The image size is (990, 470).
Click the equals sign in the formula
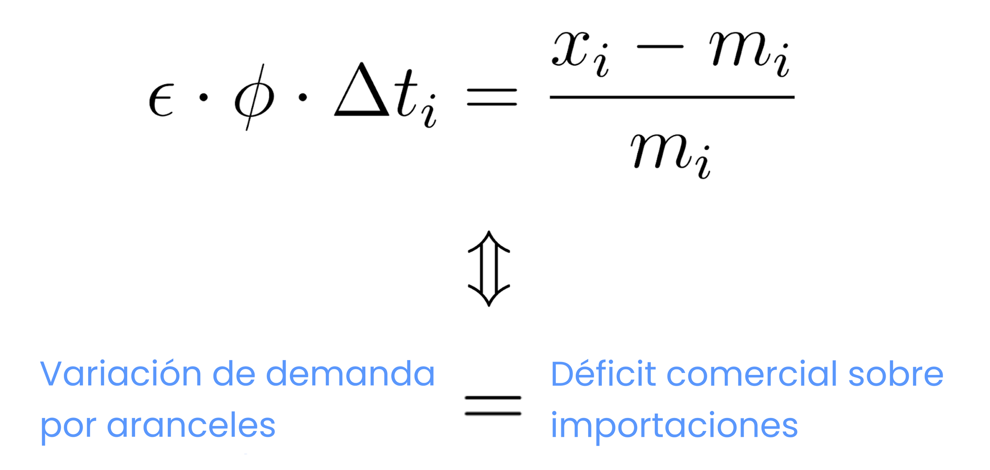click(x=492, y=97)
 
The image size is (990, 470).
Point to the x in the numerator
click(x=571, y=48)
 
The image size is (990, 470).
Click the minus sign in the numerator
click(x=660, y=47)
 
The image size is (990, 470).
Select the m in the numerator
click(x=741, y=48)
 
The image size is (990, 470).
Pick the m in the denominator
click(x=661, y=151)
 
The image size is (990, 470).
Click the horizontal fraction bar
click(x=672, y=97)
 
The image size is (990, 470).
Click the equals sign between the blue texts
click(x=493, y=405)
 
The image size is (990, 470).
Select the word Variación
click(x=121, y=373)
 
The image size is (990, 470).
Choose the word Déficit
click(x=603, y=373)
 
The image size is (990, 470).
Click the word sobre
click(x=896, y=373)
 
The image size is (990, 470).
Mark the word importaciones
click(x=674, y=425)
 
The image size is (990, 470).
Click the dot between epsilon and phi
click(x=203, y=97)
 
